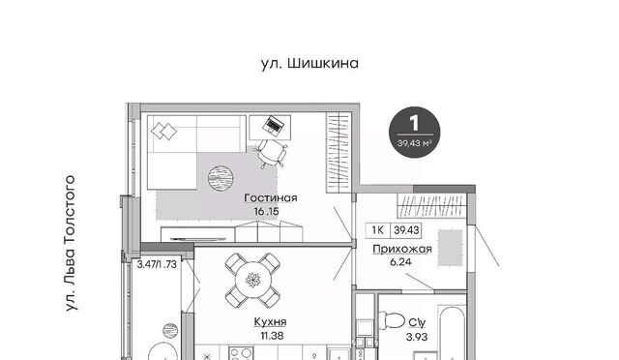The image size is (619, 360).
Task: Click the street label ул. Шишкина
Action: click(309, 63)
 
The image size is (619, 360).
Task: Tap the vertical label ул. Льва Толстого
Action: click(70, 244)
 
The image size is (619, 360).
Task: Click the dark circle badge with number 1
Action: click(414, 133)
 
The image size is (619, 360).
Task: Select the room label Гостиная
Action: click(271, 197)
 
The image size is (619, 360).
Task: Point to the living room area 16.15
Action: click(267, 211)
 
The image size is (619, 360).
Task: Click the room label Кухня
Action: click(270, 322)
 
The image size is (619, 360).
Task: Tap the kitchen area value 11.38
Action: click(272, 336)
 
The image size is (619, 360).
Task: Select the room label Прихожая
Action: click(402, 249)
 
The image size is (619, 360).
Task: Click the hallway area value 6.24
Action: click(400, 262)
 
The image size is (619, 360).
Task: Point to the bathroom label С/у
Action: click(417, 323)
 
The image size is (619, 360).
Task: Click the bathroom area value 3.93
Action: click(417, 337)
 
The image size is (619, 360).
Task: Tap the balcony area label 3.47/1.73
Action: click(157, 264)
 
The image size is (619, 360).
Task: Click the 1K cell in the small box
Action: click(378, 230)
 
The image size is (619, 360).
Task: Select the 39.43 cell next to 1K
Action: click(406, 230)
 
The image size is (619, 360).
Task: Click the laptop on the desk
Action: click(274, 125)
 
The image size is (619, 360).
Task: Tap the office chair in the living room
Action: click(272, 153)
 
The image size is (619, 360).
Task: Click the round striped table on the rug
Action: click(221, 178)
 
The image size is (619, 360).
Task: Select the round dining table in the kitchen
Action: click(253, 281)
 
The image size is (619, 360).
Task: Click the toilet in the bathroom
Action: click(391, 319)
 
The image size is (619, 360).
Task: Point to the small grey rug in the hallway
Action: click(450, 248)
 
